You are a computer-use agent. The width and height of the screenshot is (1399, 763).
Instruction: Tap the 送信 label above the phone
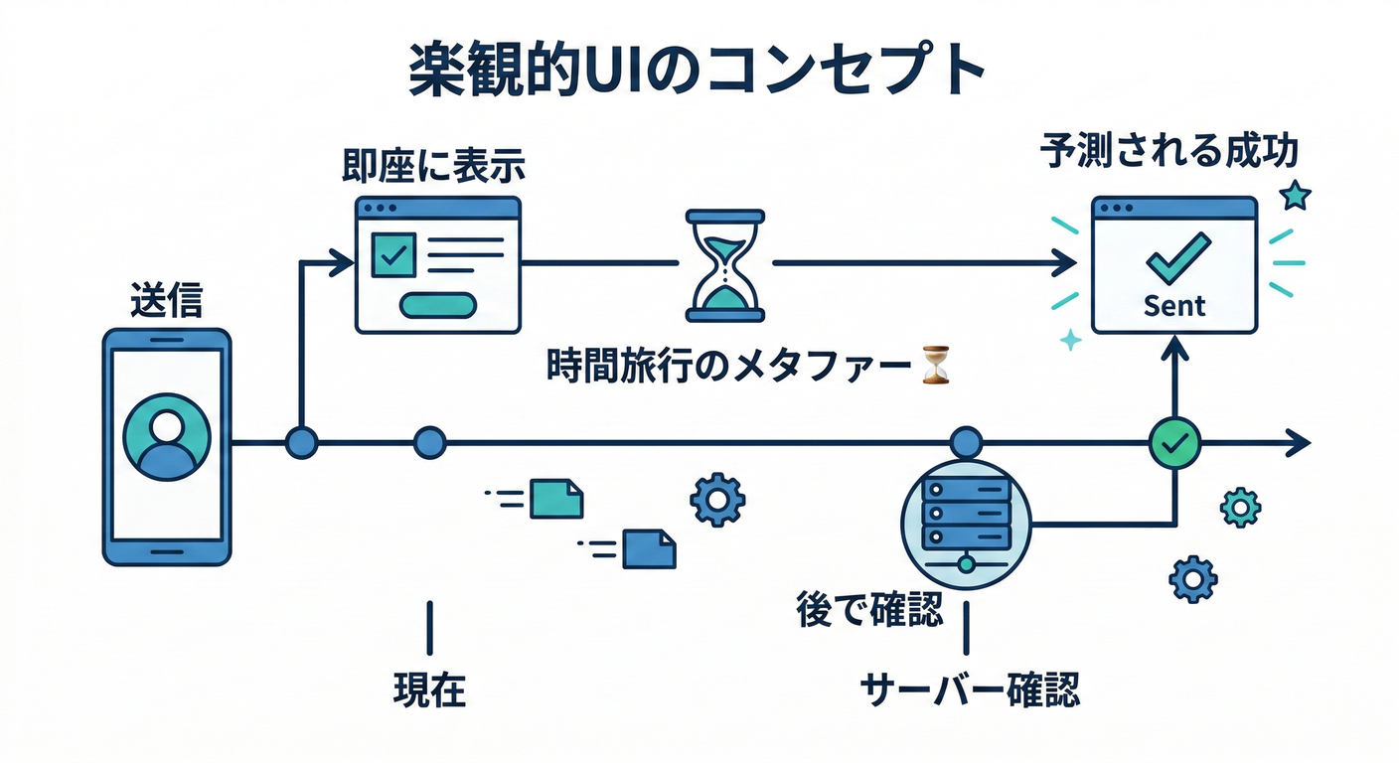click(x=165, y=300)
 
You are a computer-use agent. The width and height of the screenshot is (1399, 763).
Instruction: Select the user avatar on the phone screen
click(x=167, y=437)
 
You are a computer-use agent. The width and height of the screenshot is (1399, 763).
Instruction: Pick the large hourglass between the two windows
click(x=724, y=264)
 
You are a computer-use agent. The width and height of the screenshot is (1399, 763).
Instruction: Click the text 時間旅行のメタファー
click(x=730, y=366)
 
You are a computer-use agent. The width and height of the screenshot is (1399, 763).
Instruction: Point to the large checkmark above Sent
click(x=1177, y=256)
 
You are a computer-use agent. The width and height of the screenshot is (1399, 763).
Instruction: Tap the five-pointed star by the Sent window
click(x=1295, y=196)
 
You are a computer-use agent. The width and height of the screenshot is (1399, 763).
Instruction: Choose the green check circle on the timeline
click(x=1174, y=443)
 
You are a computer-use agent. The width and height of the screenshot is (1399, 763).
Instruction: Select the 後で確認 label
click(x=869, y=610)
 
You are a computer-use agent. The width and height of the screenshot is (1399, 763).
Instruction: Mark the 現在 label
click(x=429, y=689)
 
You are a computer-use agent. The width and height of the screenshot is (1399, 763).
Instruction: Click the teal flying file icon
click(x=555, y=498)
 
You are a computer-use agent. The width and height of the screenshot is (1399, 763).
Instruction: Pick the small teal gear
click(x=1240, y=507)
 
